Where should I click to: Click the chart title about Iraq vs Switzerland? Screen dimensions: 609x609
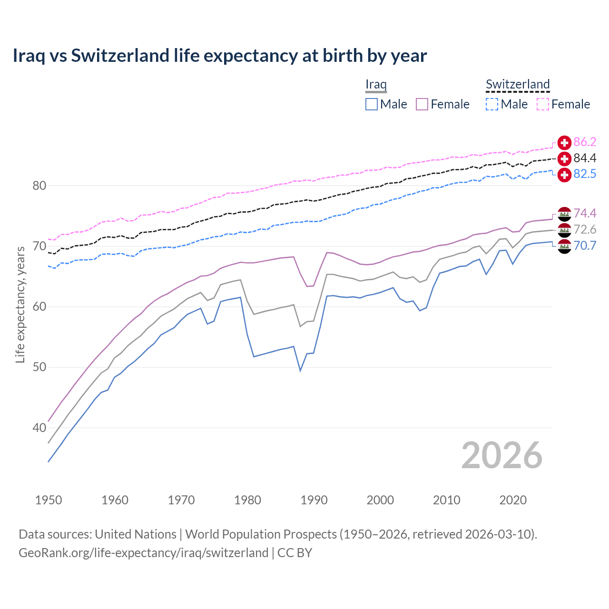coord(219,56)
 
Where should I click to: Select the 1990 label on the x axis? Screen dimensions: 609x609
coord(314,500)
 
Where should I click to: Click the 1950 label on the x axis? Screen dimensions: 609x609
coord(49,500)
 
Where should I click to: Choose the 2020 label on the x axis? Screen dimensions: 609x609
coord(513,500)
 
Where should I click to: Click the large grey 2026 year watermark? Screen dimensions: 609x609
coord(501,455)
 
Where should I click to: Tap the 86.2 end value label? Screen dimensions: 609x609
coord(585,142)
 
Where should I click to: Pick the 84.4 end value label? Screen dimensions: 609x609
coord(585,158)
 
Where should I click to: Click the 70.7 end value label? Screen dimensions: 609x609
coord(585,246)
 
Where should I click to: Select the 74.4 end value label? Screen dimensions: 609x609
coord(585,213)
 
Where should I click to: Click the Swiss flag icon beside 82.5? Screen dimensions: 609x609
coord(564,175)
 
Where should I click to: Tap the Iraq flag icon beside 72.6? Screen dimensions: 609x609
coord(564,230)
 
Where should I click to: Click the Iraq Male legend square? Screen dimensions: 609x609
coord(372,104)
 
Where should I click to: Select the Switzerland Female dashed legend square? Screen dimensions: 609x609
coord(543,104)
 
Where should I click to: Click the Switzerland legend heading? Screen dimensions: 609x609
coord(518,84)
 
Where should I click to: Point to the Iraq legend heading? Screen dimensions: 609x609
coord(376,84)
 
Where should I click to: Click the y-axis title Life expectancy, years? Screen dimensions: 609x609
coord(20,304)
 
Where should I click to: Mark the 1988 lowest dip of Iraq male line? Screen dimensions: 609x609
coord(300,370)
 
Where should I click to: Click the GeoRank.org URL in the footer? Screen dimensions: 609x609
coord(143,553)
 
